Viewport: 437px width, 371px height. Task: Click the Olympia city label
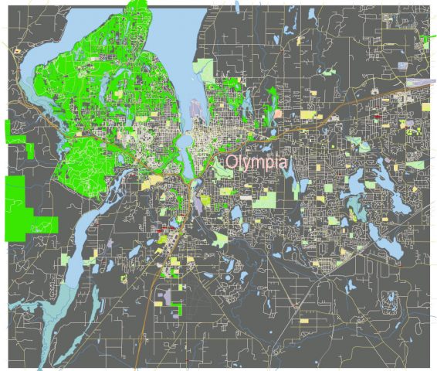(256, 163)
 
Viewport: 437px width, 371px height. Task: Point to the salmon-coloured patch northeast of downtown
(277, 114)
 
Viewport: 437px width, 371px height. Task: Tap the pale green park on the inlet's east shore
(205, 66)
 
